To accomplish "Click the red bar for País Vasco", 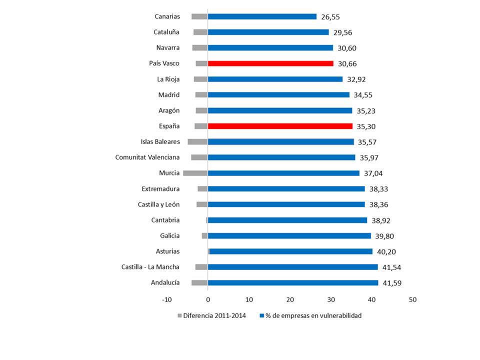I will point(270,63).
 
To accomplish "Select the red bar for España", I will point(280,126).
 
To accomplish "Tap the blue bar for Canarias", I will point(262,16).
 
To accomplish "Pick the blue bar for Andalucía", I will point(293,282).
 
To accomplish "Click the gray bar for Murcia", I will point(195,173).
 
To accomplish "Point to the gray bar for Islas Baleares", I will point(197,141).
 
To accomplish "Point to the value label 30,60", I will point(347,48).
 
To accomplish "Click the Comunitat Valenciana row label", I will point(147,157).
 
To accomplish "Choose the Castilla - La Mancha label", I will point(150,267).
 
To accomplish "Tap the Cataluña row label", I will point(166,32).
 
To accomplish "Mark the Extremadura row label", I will point(161,188).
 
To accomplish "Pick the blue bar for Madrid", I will point(278,94).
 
